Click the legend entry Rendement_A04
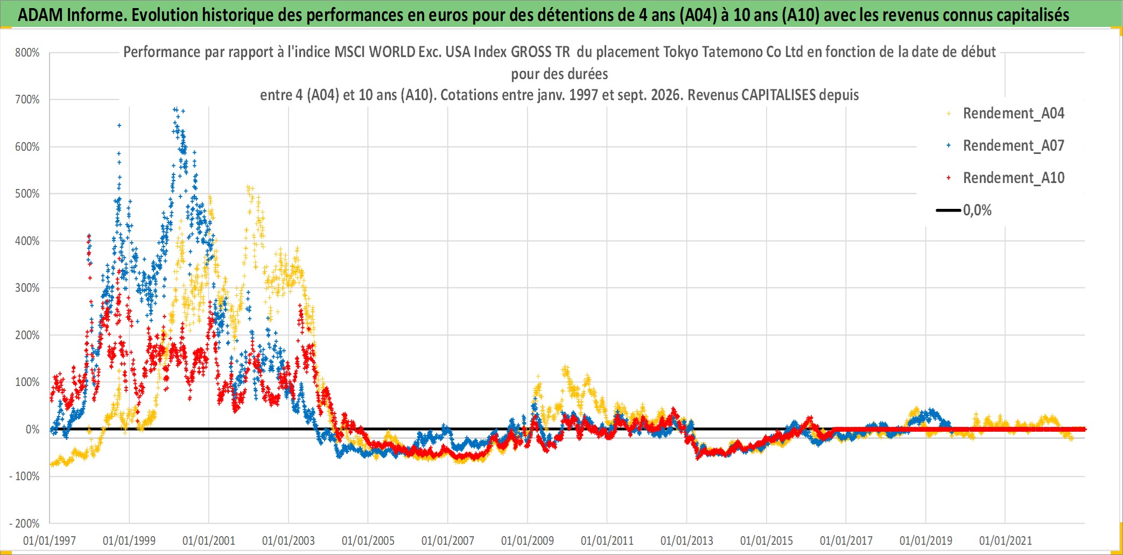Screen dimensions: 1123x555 click(x=1013, y=114)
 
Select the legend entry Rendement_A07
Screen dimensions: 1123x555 click(x=1013, y=146)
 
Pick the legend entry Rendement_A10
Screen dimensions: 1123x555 click(x=1013, y=178)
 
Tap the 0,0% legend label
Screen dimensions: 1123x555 click(x=977, y=210)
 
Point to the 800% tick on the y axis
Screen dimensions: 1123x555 click(x=27, y=53)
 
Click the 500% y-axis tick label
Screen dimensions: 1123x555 click(x=27, y=194)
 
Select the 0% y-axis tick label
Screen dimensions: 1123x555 click(x=33, y=430)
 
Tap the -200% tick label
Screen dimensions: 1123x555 click(x=25, y=524)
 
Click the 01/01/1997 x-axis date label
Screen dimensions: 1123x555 click(x=50, y=540)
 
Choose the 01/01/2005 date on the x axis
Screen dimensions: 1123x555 click(x=368, y=540)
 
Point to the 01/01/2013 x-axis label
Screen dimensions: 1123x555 click(x=687, y=540)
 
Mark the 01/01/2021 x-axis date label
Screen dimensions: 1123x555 click(x=1006, y=540)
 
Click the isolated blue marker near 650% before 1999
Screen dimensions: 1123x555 click(x=120, y=125)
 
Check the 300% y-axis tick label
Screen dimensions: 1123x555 click(x=27, y=288)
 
